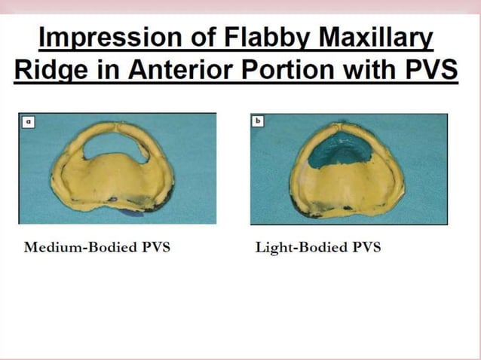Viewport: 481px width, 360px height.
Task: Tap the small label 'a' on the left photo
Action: (x=28, y=120)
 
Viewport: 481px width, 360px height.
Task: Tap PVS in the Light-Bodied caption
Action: (x=365, y=248)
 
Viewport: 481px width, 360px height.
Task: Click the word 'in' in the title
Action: (x=104, y=70)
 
